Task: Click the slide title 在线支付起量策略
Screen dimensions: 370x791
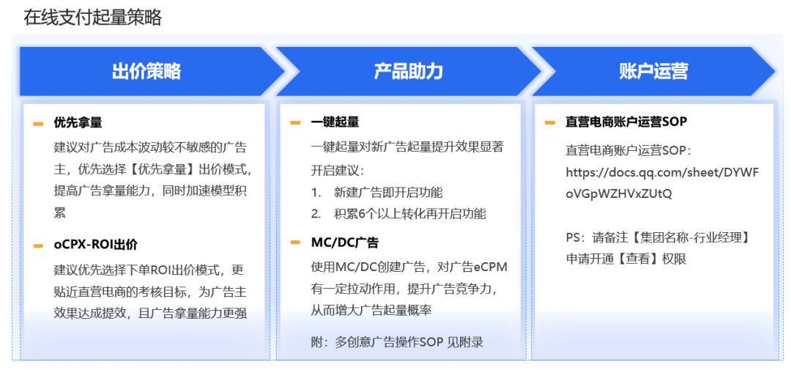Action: click(92, 18)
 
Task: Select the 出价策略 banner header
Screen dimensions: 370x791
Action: click(146, 71)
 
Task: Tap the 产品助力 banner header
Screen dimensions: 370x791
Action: click(408, 71)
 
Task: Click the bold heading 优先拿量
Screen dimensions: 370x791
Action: click(78, 122)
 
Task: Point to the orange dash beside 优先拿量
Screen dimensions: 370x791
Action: click(38, 123)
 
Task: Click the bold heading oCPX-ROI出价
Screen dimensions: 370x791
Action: click(95, 245)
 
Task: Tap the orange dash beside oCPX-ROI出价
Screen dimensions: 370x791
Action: click(38, 245)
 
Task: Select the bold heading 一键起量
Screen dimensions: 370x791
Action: click(335, 122)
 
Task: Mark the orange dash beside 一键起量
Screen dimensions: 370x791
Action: click(295, 123)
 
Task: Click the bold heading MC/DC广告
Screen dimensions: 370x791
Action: click(344, 243)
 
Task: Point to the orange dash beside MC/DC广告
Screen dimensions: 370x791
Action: click(295, 243)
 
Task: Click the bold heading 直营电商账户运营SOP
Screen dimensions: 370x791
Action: click(626, 122)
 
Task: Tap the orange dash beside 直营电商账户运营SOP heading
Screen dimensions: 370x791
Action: click(550, 123)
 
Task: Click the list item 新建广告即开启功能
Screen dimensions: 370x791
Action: click(388, 193)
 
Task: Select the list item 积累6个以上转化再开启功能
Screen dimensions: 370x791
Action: click(409, 214)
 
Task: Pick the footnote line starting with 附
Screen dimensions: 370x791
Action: click(397, 342)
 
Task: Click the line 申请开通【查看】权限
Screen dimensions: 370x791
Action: click(625, 259)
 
